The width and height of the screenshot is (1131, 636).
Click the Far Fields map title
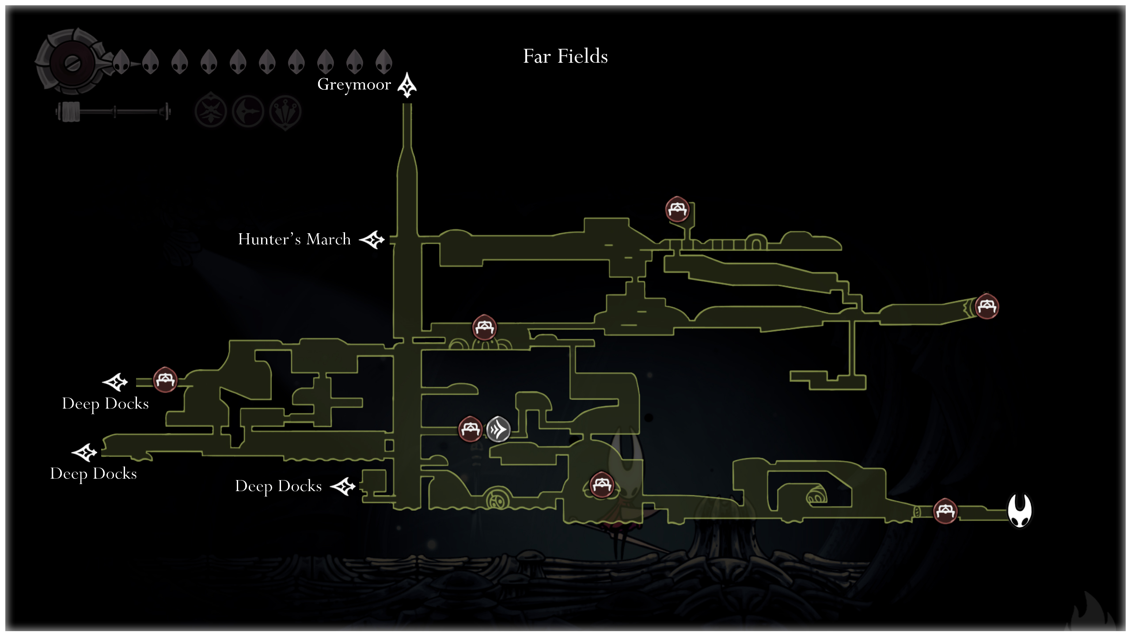(x=565, y=57)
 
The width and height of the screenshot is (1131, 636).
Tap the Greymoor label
(x=354, y=84)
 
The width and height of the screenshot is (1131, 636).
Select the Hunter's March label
(x=294, y=239)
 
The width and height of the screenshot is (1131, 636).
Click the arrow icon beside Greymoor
(x=407, y=85)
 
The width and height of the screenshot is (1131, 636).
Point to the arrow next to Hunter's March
(x=372, y=240)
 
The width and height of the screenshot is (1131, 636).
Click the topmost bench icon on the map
(x=677, y=209)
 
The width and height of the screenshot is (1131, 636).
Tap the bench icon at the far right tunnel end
(x=987, y=306)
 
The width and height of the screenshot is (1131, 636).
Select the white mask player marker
(x=1020, y=510)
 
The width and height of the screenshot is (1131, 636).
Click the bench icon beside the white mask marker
(x=945, y=511)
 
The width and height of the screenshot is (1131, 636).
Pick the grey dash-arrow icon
(x=498, y=429)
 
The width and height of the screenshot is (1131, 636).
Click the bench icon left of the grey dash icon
(x=470, y=428)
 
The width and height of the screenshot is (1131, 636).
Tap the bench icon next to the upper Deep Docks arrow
(x=165, y=379)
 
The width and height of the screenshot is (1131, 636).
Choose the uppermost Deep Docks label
(x=105, y=404)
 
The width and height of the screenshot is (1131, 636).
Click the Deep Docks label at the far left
(x=93, y=473)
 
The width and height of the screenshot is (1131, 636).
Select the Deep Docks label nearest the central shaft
(x=278, y=486)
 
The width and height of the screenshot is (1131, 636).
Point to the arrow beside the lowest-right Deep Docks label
(x=343, y=487)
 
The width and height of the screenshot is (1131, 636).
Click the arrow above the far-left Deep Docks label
(x=84, y=452)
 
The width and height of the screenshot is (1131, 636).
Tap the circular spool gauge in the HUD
(x=72, y=63)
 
